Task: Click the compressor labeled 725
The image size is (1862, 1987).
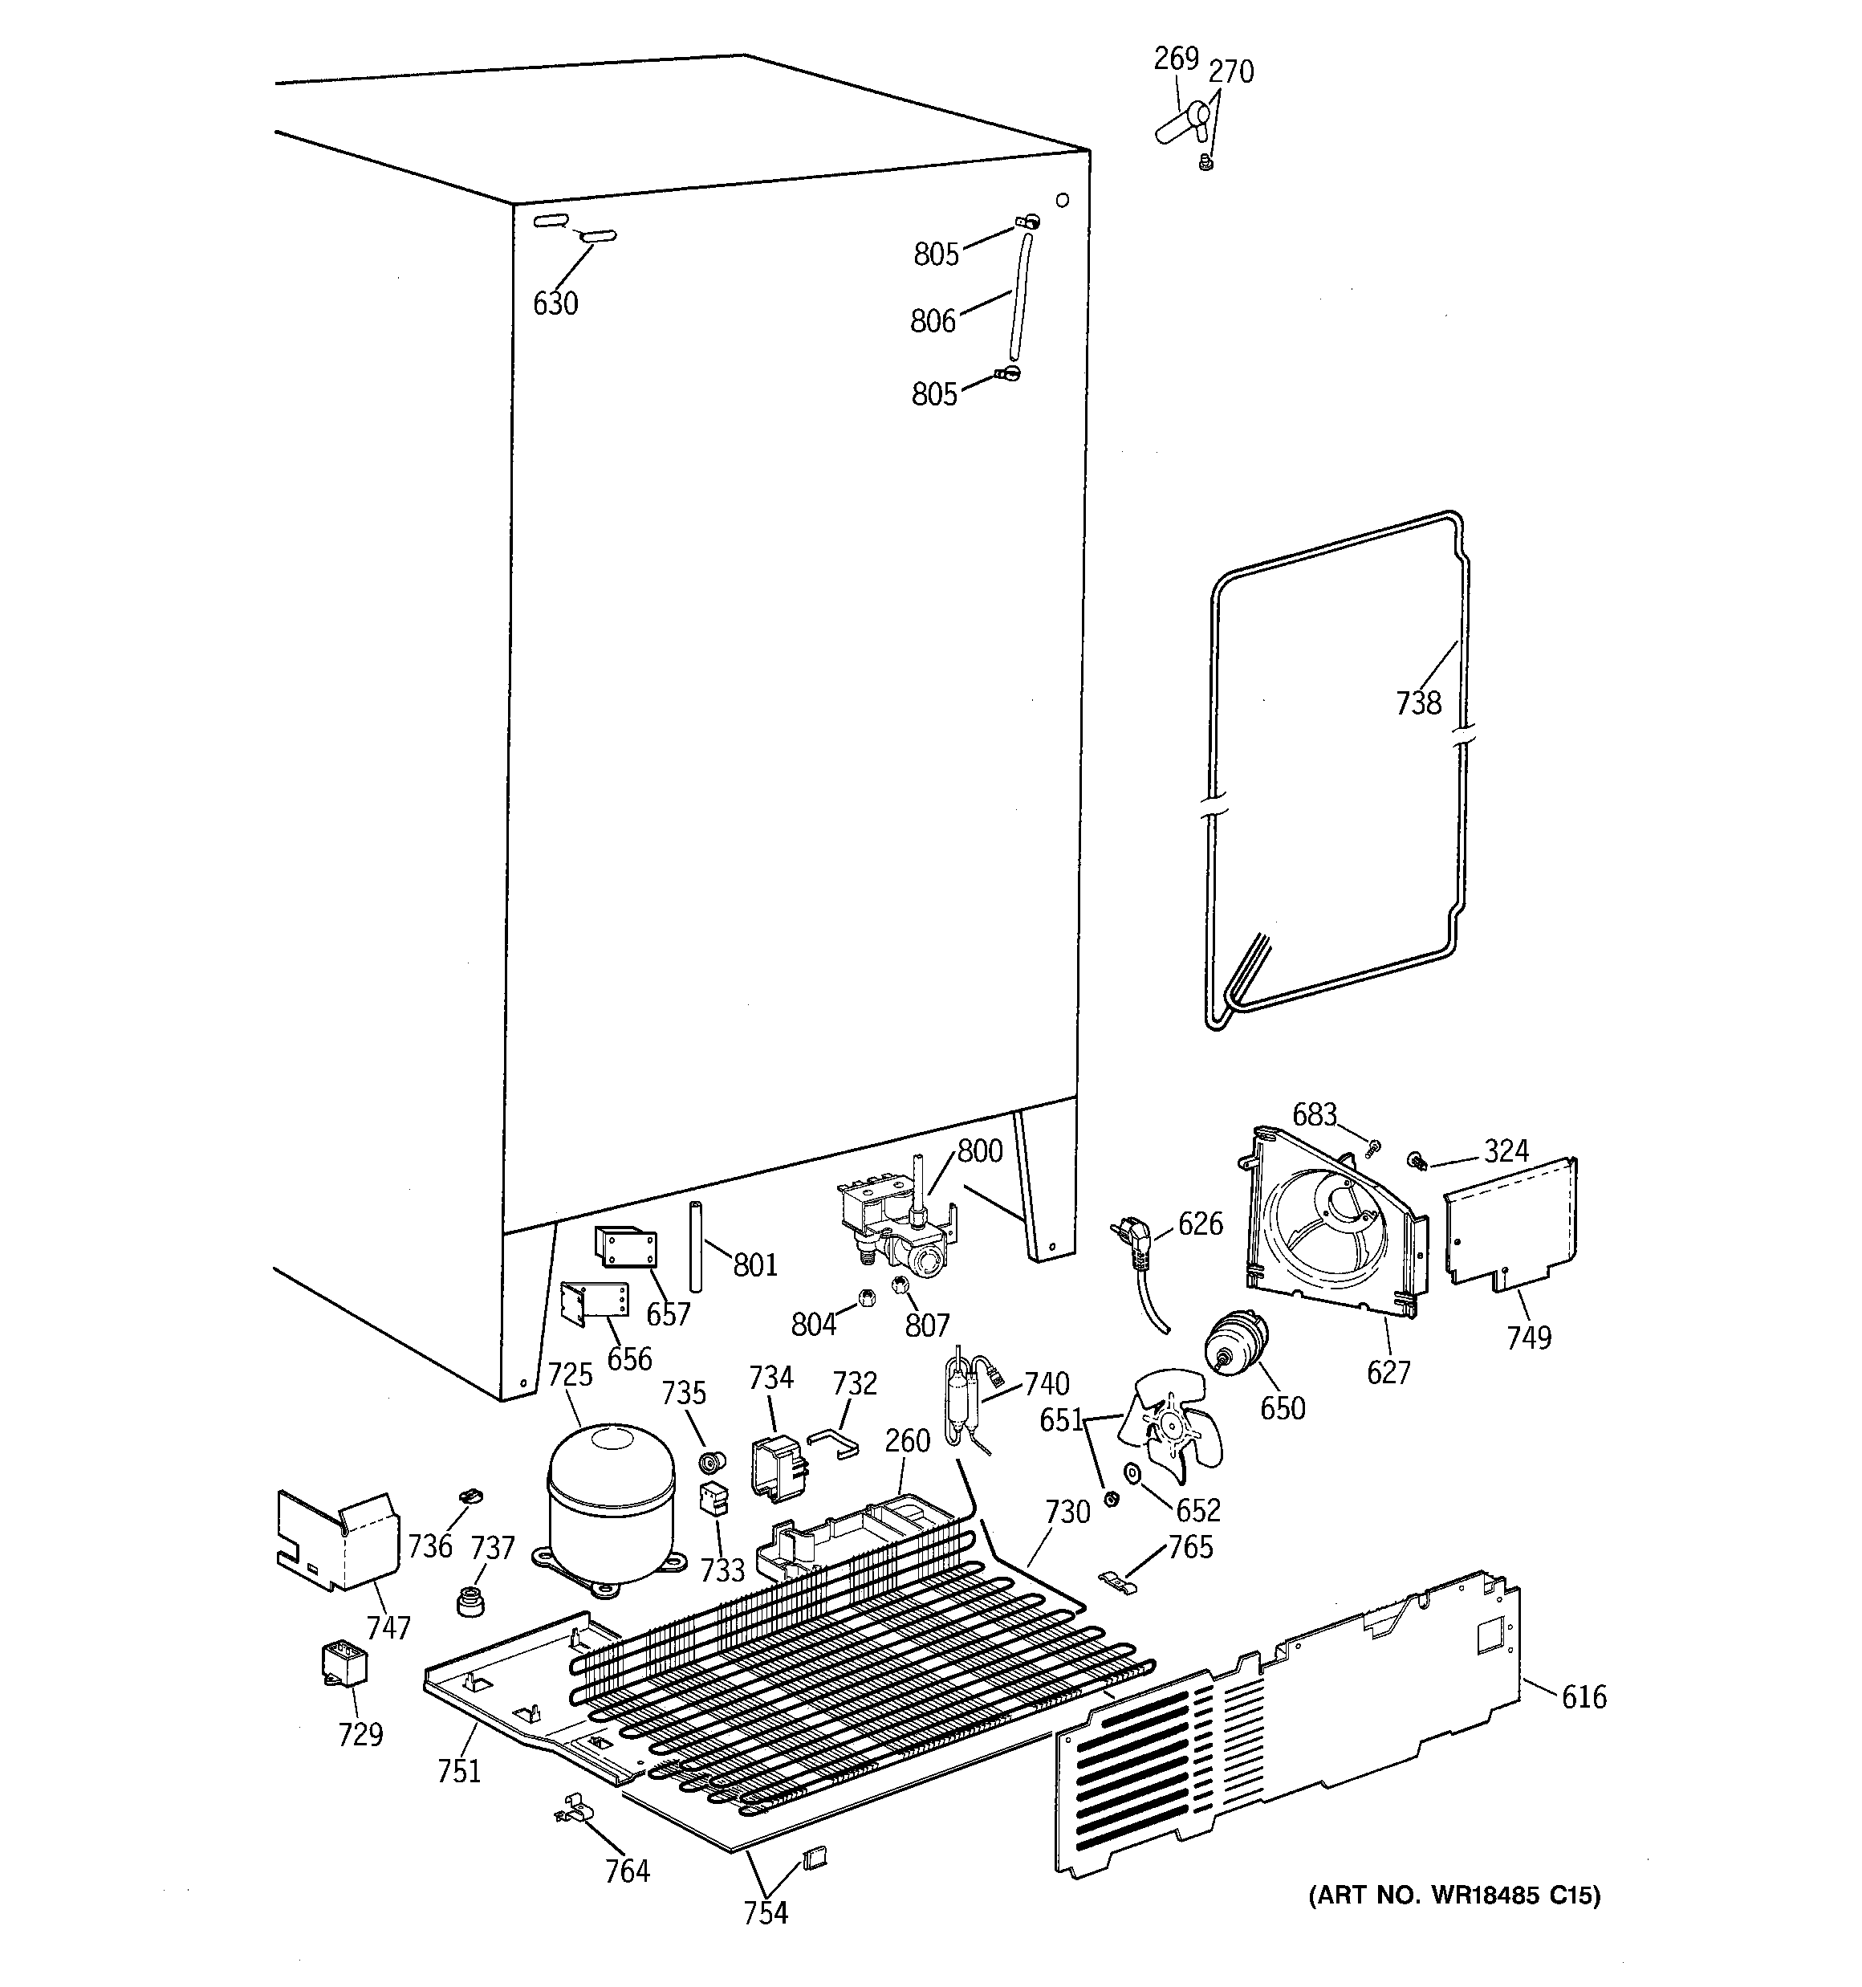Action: (x=612, y=1506)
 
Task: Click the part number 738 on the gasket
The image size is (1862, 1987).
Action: (x=1418, y=703)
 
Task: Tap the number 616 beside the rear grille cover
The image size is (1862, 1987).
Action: (x=1584, y=1696)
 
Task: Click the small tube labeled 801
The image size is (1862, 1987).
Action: (x=694, y=1248)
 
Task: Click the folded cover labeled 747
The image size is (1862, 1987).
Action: (x=335, y=1540)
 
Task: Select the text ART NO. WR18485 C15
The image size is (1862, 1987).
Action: (x=1454, y=1895)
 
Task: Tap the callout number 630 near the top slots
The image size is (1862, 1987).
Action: (x=555, y=303)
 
